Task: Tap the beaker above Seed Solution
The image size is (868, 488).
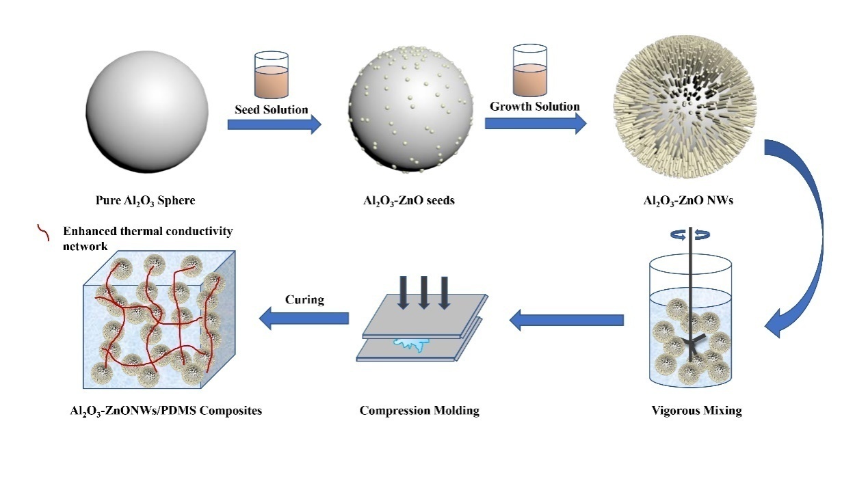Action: point(271,74)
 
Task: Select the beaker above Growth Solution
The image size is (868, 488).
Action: point(529,71)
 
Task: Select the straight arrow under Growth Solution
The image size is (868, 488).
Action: point(535,123)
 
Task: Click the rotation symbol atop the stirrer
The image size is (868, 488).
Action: point(691,234)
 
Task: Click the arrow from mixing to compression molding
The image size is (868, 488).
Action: point(566,319)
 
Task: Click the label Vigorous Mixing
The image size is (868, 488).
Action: point(697,411)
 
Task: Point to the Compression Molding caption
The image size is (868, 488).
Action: point(419,411)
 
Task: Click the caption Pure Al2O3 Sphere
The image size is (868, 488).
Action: point(145,201)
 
